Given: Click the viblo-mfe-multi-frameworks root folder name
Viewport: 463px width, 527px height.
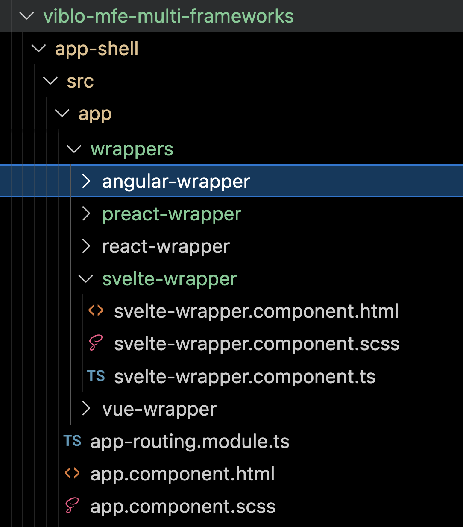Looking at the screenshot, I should tap(168, 16).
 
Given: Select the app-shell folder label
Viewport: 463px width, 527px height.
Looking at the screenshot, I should tap(97, 49).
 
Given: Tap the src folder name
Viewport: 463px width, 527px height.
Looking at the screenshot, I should tap(80, 81).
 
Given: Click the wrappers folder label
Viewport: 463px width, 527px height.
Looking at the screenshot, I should tap(132, 149).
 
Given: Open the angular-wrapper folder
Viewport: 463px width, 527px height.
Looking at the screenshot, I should tap(176, 182).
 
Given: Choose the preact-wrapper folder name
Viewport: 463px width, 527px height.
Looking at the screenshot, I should tap(172, 214).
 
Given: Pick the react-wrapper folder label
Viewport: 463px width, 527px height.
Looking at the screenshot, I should tap(166, 246).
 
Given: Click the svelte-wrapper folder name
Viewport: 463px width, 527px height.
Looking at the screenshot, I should tap(169, 279).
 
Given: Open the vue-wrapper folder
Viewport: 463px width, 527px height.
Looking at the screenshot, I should tap(159, 409).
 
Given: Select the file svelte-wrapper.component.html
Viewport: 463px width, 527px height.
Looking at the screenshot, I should tap(256, 311).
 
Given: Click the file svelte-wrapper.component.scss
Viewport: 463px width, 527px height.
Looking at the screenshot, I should tap(256, 344).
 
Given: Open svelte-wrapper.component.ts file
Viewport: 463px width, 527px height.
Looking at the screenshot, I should tap(244, 377).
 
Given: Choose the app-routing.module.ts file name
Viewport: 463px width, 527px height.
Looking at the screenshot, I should tap(190, 442).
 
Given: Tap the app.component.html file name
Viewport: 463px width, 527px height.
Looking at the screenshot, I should tap(182, 474).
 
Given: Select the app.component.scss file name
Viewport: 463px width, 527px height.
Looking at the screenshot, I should tap(183, 507).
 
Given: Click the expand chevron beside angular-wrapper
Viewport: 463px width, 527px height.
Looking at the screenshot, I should tap(86, 182).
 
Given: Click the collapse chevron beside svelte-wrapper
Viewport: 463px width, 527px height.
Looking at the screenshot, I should tap(86, 279).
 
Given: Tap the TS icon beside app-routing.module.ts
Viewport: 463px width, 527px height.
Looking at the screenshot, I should tap(72, 441).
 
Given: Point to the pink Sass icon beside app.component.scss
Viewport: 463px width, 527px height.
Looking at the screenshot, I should tap(72, 506).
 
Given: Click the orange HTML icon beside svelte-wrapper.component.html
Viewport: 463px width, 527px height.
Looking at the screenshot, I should tap(96, 310).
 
